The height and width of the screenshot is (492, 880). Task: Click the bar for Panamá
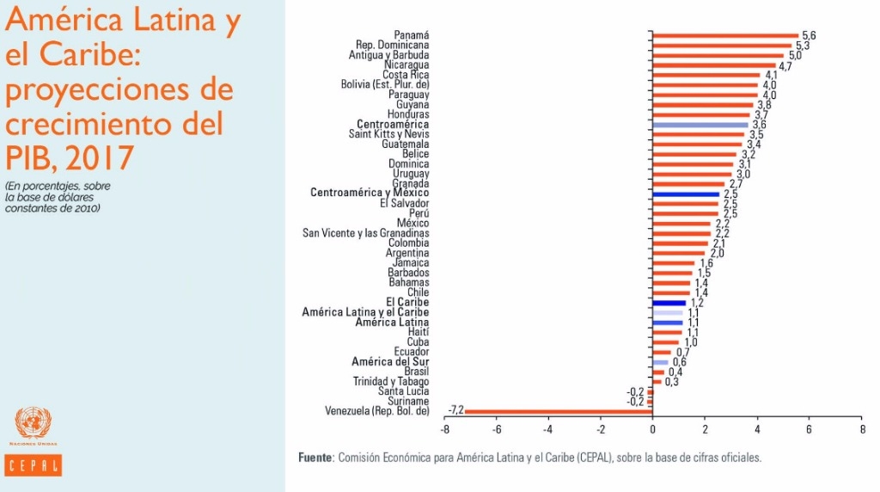pyautogui.click(x=724, y=35)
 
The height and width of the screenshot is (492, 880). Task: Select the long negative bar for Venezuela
pyautogui.click(x=559, y=411)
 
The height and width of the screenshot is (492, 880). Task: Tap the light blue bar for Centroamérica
pyautogui.click(x=700, y=125)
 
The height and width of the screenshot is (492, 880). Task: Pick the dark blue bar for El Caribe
pyautogui.click(x=669, y=303)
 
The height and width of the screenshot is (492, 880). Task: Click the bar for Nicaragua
pyautogui.click(x=713, y=65)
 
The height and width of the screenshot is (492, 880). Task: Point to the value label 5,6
pyautogui.click(x=809, y=35)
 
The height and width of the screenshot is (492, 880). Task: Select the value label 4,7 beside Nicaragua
pyautogui.click(x=785, y=66)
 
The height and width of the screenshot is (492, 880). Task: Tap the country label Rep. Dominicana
pyautogui.click(x=392, y=45)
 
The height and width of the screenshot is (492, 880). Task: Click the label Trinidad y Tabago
pyautogui.click(x=391, y=382)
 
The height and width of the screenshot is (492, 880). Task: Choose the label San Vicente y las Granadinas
pyautogui.click(x=366, y=233)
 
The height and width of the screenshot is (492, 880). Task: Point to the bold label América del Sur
pyautogui.click(x=390, y=362)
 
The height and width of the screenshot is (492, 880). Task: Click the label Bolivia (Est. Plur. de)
pyautogui.click(x=385, y=84)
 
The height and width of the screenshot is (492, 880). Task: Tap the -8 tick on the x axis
pyautogui.click(x=444, y=428)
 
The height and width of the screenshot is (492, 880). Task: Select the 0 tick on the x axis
pyautogui.click(x=652, y=428)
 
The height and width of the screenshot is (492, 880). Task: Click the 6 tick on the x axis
pyautogui.click(x=809, y=428)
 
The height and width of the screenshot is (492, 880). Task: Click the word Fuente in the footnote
pyautogui.click(x=315, y=458)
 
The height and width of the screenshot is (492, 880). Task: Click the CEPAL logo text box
pyautogui.click(x=34, y=465)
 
